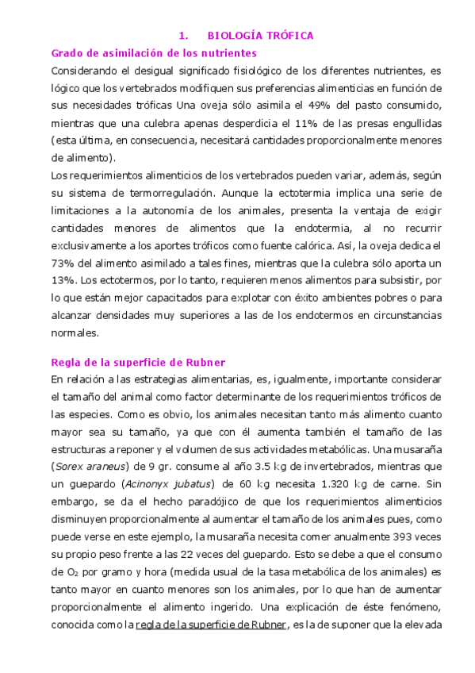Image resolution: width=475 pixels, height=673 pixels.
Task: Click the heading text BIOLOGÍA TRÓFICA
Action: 260,36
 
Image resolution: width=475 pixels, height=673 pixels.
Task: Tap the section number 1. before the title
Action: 183,36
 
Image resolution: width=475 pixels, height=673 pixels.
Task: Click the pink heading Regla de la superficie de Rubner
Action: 140,362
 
